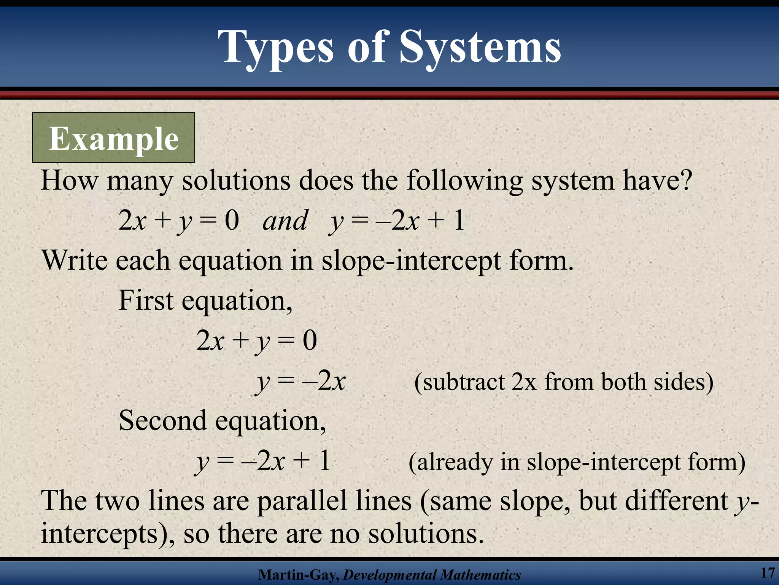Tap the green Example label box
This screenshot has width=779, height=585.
point(113,138)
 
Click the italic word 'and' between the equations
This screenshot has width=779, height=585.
point(285,221)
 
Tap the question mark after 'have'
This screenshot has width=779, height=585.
point(685,180)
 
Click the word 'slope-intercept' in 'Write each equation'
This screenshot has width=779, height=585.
point(411,261)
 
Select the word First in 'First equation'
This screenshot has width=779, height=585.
point(146,300)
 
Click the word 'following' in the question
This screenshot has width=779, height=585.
point(464,180)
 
